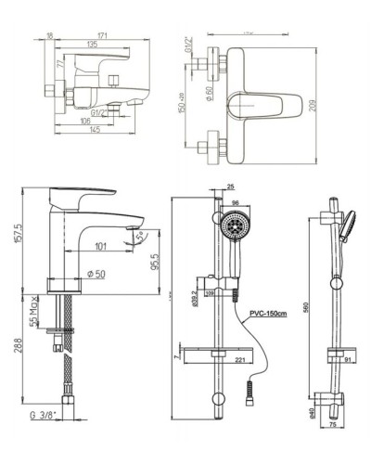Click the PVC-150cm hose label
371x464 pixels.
pyautogui.click(x=266, y=314)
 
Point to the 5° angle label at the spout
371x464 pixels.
pyautogui.click(x=140, y=236)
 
